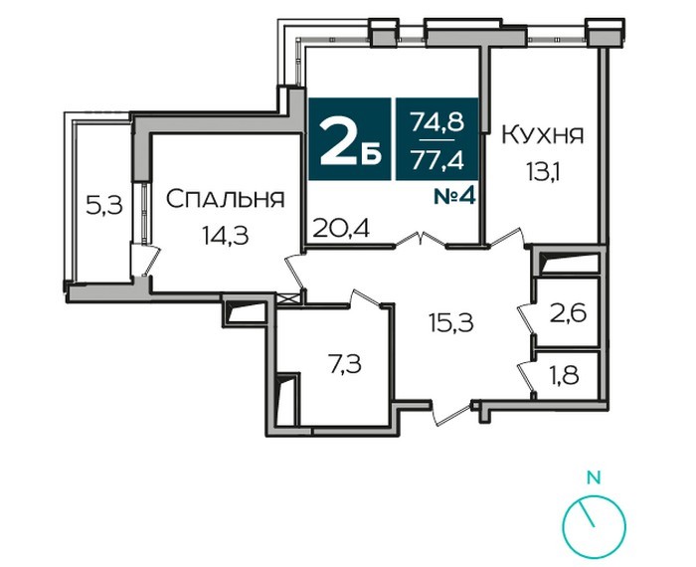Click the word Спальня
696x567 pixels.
(225, 199)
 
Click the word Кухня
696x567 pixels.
(542, 135)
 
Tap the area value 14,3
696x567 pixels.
(225, 235)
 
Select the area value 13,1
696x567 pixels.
(543, 172)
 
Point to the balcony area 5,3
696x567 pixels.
(103, 206)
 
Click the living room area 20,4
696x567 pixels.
(341, 228)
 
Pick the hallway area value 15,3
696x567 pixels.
(451, 322)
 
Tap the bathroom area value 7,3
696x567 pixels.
(344, 365)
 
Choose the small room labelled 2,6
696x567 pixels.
(568, 313)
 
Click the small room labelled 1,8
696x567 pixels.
(567, 376)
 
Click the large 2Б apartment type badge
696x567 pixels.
(350, 139)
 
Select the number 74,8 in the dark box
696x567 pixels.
(437, 121)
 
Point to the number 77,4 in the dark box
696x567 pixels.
(437, 160)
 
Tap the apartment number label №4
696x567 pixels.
(455, 197)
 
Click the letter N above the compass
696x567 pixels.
(594, 477)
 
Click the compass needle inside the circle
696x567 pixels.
(587, 514)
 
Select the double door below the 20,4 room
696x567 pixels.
(421, 240)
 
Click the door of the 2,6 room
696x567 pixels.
(527, 318)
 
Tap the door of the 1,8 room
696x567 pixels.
(527, 377)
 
